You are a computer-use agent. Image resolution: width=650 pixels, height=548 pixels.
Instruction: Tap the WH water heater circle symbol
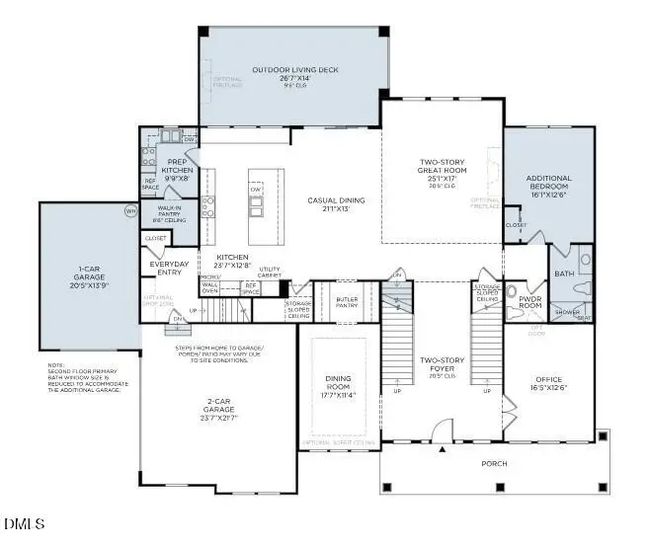(x=129, y=210)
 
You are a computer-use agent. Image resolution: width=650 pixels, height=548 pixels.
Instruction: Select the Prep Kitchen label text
(x=178, y=166)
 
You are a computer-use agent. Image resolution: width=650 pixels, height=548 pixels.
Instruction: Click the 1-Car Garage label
(x=89, y=274)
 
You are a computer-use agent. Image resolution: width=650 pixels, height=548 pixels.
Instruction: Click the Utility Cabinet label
(x=270, y=272)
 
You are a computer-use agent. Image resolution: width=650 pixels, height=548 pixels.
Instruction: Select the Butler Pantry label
(x=347, y=301)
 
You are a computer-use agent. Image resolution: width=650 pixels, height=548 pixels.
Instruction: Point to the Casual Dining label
(x=337, y=200)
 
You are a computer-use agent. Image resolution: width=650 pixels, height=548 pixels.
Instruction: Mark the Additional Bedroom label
(x=549, y=183)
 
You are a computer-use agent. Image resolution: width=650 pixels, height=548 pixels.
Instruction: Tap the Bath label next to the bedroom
(x=564, y=274)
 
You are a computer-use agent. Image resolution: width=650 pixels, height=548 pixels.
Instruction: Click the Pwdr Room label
(x=530, y=301)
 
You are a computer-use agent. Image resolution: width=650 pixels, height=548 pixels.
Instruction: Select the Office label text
(x=548, y=379)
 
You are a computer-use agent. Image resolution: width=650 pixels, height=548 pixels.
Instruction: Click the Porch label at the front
(x=494, y=463)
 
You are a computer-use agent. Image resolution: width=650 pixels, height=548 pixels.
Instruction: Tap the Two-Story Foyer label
(x=442, y=365)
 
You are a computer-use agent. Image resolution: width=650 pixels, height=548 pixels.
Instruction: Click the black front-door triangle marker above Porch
(x=443, y=449)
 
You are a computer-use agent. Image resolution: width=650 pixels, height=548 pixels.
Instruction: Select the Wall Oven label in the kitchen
(x=209, y=286)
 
